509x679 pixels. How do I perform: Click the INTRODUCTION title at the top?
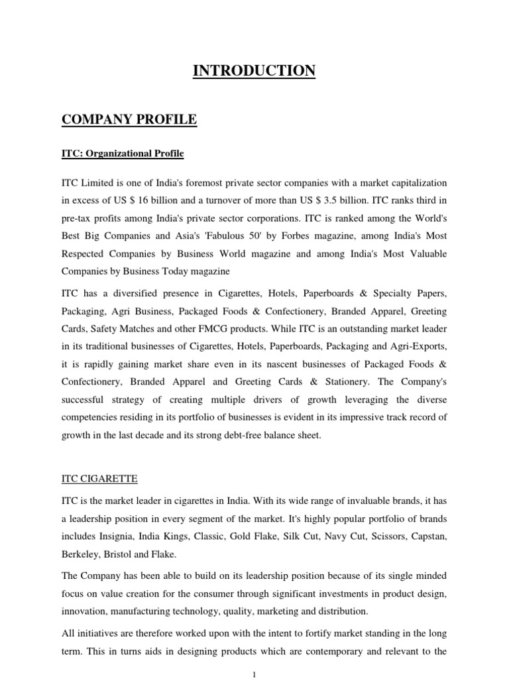[254, 71]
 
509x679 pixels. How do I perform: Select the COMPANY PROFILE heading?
[129, 120]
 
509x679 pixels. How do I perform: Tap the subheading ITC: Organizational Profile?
[123, 154]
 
